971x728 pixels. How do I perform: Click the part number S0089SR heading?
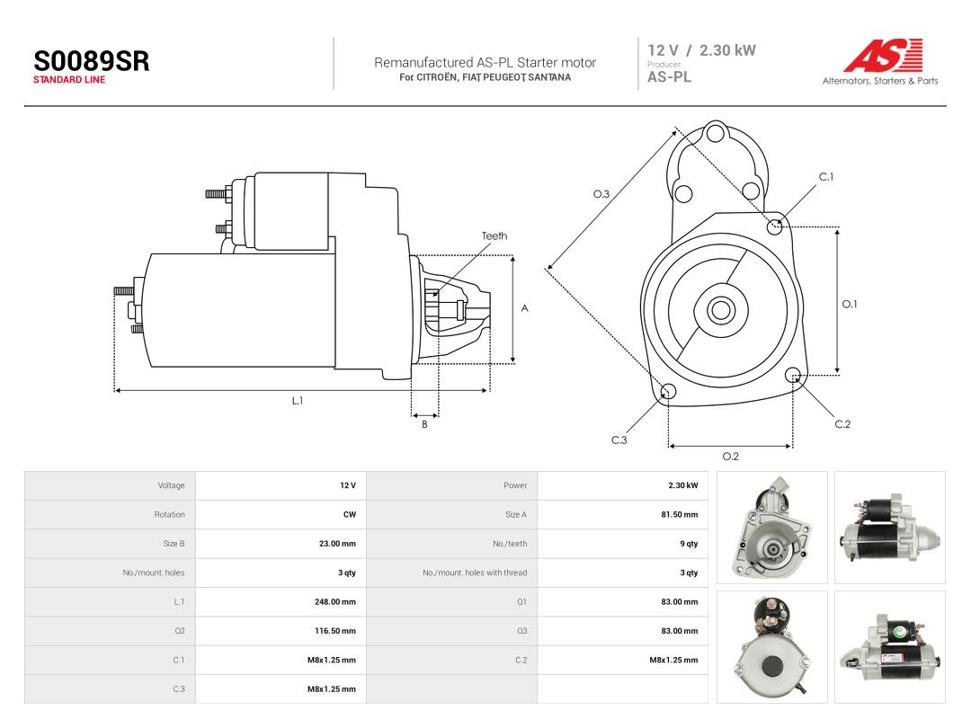click(91, 61)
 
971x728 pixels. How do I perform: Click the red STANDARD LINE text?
click(68, 80)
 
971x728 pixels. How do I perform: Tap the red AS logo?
click(884, 55)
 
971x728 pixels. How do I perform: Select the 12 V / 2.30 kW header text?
click(701, 50)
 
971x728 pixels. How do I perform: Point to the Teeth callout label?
click(494, 235)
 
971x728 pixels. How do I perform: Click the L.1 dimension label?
click(298, 401)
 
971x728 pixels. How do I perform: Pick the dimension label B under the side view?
click(424, 424)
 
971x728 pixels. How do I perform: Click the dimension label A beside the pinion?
click(524, 308)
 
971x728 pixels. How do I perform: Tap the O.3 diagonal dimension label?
click(601, 194)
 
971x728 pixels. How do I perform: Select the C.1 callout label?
click(826, 177)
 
